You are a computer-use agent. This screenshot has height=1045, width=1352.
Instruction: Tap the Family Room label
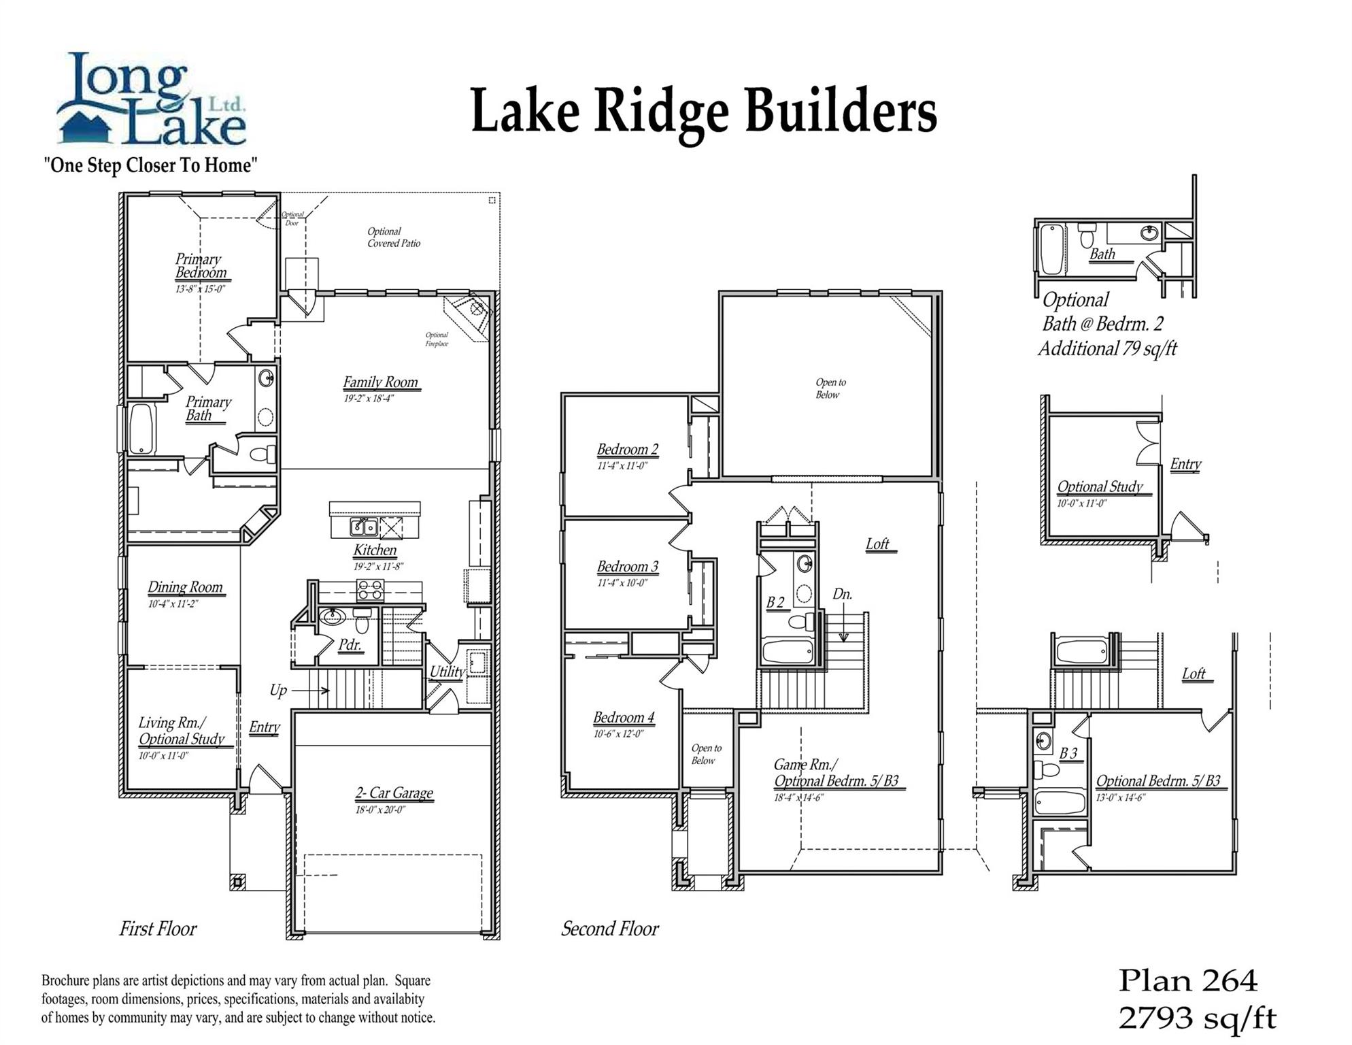click(x=381, y=382)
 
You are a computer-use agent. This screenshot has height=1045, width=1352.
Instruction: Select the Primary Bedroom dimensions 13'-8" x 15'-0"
click(x=200, y=289)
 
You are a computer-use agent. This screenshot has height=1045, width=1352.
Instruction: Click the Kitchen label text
click(x=375, y=550)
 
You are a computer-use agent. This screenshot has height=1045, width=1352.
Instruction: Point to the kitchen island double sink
click(x=364, y=527)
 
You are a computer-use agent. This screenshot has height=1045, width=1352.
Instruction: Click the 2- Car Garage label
click(x=394, y=793)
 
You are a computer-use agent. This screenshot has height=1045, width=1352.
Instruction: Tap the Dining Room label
click(x=185, y=587)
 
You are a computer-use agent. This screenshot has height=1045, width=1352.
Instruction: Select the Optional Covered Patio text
click(x=394, y=237)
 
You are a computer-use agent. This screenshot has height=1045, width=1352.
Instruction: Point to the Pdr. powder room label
click(x=350, y=644)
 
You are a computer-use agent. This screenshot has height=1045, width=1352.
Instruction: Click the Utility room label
click(x=447, y=671)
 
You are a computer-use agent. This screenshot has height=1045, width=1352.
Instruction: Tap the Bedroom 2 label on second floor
click(x=627, y=450)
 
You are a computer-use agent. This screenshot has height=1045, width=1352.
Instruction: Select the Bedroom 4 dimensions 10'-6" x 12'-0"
click(x=618, y=734)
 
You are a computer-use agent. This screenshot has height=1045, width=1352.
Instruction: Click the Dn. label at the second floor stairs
click(x=842, y=594)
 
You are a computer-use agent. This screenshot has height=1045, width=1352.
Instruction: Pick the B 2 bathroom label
click(x=775, y=602)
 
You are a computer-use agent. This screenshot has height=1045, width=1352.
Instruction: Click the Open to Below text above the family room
click(x=830, y=388)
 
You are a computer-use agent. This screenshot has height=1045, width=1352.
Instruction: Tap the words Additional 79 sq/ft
click(x=1107, y=349)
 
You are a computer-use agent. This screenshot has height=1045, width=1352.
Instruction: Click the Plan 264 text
click(x=1188, y=980)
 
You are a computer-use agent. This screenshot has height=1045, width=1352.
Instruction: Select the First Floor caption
click(x=158, y=929)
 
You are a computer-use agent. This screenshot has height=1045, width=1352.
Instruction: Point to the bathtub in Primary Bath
click(x=142, y=429)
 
